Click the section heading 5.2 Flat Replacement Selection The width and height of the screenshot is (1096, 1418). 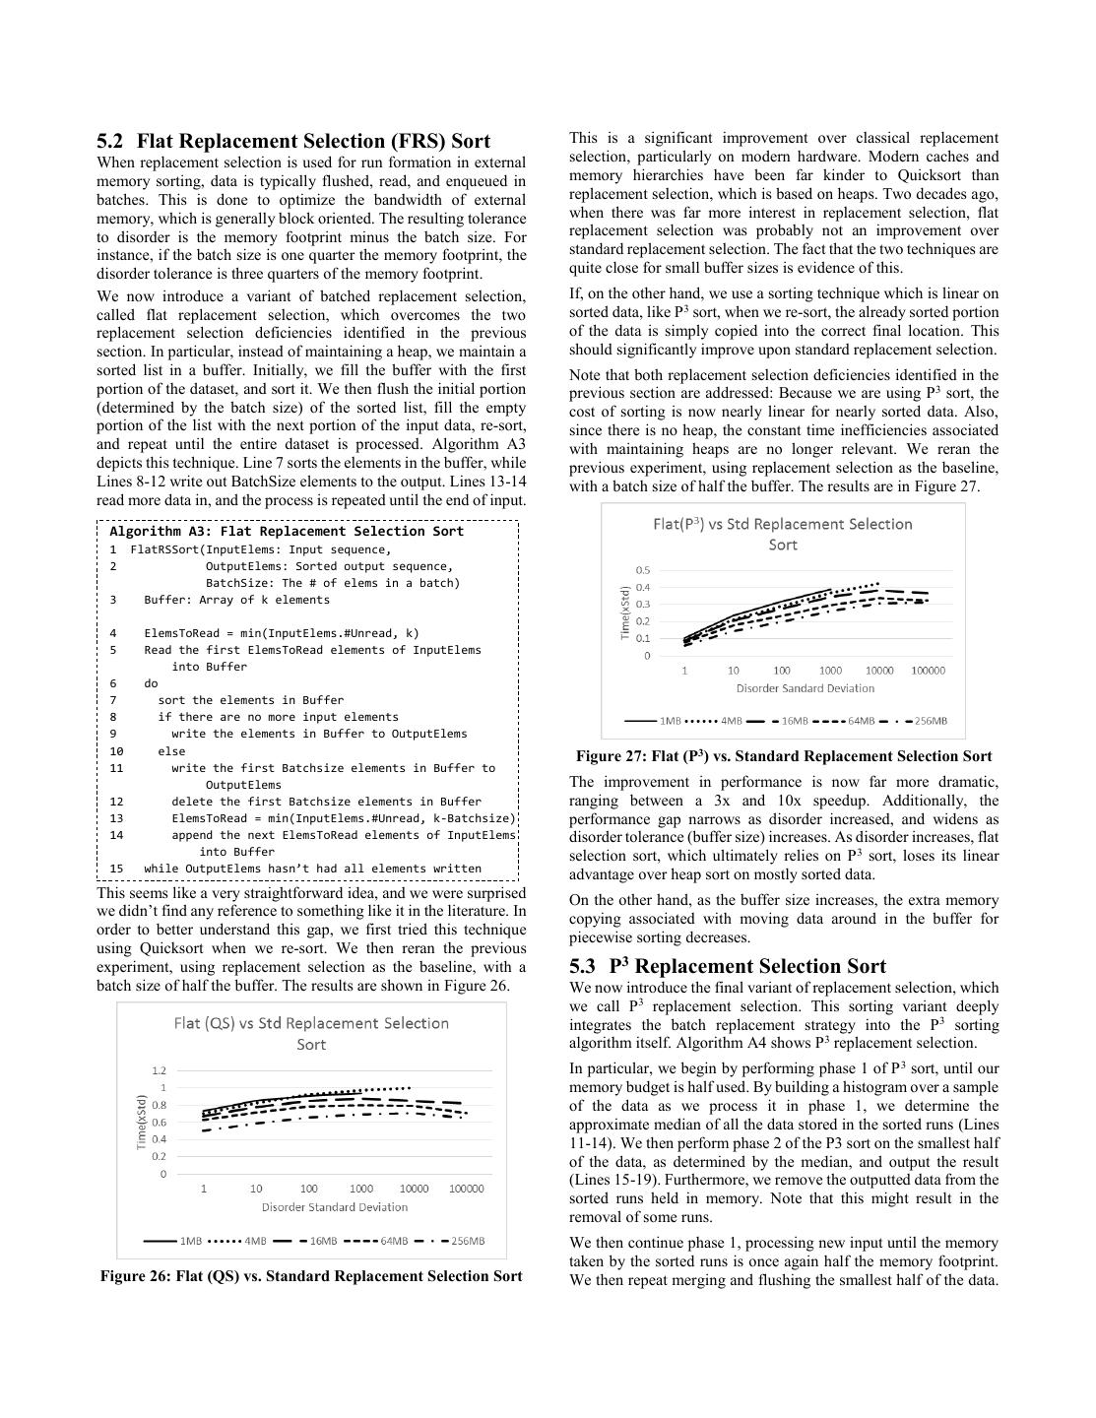point(293,141)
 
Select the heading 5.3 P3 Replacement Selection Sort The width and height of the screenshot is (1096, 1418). point(728,966)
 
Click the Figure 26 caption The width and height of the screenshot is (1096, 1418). point(311,1276)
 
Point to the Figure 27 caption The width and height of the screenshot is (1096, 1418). point(784,756)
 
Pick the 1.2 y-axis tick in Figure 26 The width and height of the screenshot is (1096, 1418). point(159,1070)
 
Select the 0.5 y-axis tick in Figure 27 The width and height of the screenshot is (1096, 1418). point(643,570)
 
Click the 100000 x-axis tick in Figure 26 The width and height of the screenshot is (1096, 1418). point(466,1189)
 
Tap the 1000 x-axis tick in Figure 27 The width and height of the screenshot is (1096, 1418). point(830,671)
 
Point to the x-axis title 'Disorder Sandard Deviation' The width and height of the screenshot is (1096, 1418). point(805,688)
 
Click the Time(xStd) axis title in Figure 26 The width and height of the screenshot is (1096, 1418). point(141,1122)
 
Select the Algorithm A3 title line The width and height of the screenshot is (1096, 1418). point(286,531)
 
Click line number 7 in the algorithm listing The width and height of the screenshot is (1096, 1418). point(113,700)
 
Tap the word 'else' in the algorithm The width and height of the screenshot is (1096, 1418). point(171,750)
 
